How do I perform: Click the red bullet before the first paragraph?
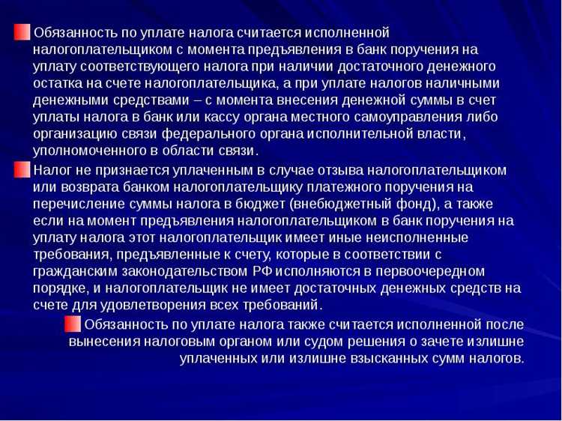pos(23,33)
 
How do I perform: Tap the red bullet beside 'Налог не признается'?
pos(23,169)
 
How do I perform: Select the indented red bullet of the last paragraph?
pos(73,324)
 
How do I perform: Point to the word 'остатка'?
pos(56,83)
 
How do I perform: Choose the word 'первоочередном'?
pos(432,270)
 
